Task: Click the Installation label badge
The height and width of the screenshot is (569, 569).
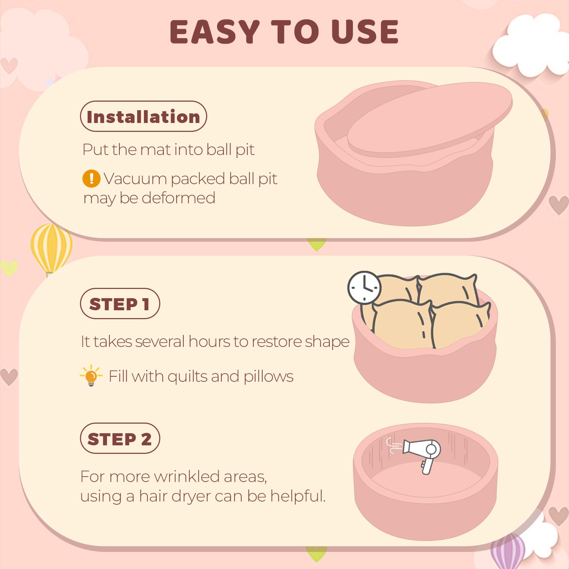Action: coord(143,116)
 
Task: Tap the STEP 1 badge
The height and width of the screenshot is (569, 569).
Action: coord(120,304)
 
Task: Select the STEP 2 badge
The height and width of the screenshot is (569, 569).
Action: coord(120,438)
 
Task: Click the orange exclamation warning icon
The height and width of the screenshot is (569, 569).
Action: coord(91,178)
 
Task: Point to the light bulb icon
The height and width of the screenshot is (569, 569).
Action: coord(91,376)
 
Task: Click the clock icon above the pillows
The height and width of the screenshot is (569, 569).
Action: coord(364,288)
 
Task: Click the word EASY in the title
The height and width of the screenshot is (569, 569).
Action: coord(215,32)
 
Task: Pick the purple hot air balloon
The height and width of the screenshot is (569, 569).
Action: coord(508,550)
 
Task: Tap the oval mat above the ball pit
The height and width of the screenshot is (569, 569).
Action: coord(429,119)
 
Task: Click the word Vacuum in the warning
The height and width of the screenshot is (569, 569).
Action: coord(135,179)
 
